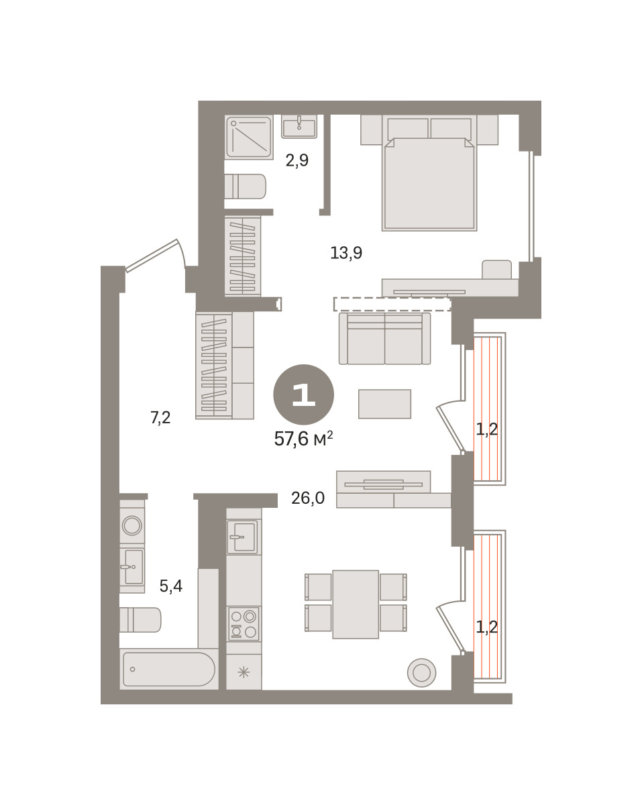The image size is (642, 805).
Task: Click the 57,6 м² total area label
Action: point(303,439)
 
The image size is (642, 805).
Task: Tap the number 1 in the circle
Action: point(303,394)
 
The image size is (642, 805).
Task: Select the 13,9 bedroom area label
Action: point(346,254)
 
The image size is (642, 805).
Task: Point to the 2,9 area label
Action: point(297,160)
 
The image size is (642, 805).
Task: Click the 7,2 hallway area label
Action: point(160,417)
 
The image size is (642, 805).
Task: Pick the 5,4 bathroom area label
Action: point(171,586)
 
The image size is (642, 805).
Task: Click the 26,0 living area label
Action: point(308,498)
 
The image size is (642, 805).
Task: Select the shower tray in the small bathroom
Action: point(249,138)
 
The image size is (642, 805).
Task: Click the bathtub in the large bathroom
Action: point(169,669)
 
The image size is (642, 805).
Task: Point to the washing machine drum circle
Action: point(132,525)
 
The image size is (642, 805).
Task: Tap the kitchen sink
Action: point(242,537)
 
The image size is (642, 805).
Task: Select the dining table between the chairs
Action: point(356,604)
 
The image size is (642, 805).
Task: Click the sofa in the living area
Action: point(384,339)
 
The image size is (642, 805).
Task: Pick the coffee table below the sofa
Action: point(384,404)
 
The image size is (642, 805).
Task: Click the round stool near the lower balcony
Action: point(422,673)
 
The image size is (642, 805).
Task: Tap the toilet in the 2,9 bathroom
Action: point(245,186)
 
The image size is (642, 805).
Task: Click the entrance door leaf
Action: point(151,256)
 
